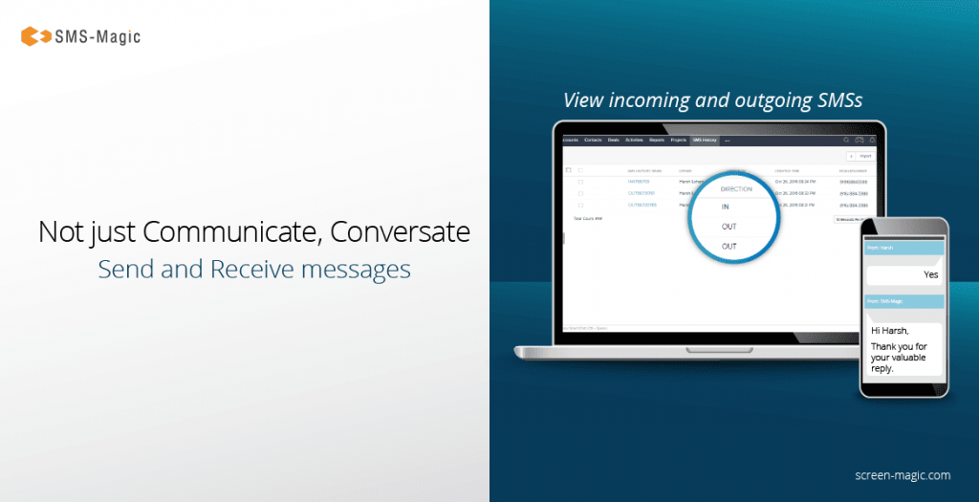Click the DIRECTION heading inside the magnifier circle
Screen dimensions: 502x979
736,189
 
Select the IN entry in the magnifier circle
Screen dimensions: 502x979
726,207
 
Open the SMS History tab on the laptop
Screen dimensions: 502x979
705,141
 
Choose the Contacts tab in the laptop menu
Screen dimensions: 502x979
593,141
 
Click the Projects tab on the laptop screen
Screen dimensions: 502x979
678,141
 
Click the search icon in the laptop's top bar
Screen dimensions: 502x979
846,141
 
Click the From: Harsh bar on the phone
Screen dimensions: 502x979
903,248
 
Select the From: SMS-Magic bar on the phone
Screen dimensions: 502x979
903,301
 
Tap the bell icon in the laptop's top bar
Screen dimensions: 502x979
872,141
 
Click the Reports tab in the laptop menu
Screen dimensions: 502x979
656,141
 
